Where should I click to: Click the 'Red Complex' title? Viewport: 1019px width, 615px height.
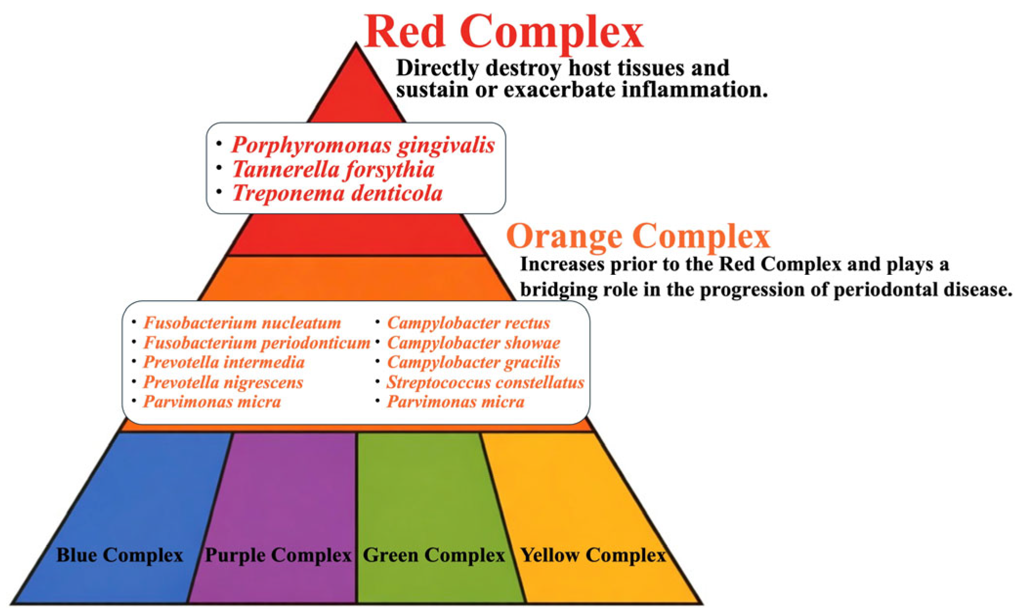click(x=503, y=31)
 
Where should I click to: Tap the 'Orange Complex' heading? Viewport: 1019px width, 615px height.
click(x=638, y=236)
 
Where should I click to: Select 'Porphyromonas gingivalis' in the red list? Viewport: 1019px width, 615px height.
click(x=363, y=145)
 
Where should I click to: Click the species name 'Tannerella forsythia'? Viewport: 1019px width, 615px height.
click(x=333, y=169)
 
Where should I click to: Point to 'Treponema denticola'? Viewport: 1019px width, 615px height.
click(x=337, y=193)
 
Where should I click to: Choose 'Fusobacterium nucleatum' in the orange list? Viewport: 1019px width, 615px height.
click(x=242, y=323)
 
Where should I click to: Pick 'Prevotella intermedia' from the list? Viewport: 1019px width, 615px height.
click(x=224, y=362)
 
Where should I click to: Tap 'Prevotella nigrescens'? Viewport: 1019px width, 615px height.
click(x=223, y=382)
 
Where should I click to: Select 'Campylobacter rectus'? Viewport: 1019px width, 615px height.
click(x=468, y=323)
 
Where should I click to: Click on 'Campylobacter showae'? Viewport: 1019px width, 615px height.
click(x=474, y=343)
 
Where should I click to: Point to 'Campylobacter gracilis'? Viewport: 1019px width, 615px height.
click(x=474, y=362)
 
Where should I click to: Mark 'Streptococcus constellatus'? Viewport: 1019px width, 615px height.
click(x=485, y=382)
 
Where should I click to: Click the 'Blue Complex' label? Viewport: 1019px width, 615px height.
click(x=120, y=555)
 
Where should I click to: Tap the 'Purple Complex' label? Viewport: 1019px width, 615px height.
click(x=278, y=555)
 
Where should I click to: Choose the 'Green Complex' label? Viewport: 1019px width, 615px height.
click(x=434, y=555)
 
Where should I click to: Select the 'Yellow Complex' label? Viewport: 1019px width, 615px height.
click(x=593, y=555)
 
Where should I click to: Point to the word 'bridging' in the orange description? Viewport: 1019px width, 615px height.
click(x=554, y=290)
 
